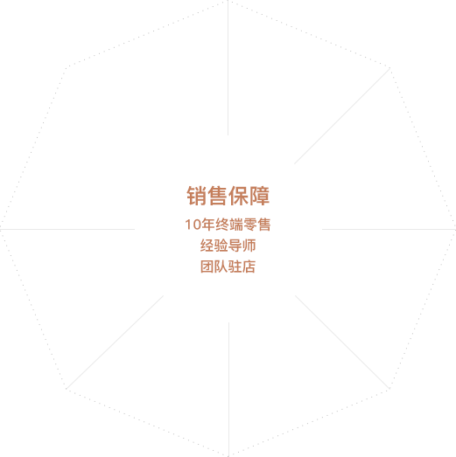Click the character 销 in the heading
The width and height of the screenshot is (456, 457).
click(x=197, y=196)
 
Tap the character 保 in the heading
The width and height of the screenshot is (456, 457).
click(x=238, y=196)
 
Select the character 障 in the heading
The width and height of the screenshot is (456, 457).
click(x=259, y=196)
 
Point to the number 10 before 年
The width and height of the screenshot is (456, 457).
click(x=193, y=225)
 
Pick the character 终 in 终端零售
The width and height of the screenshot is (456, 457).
click(x=222, y=225)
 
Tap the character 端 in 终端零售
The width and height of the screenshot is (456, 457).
click(x=236, y=225)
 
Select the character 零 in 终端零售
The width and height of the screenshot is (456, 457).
click(x=250, y=225)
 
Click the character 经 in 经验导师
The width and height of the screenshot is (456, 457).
click(x=207, y=246)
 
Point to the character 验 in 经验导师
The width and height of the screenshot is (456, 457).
click(x=221, y=246)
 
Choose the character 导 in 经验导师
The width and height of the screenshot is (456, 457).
click(x=235, y=246)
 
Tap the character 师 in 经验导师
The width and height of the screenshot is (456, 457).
click(x=249, y=246)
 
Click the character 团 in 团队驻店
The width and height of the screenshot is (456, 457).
click(x=207, y=267)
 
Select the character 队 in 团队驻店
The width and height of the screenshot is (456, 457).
click(x=221, y=267)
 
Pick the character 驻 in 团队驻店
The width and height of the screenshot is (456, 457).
click(x=235, y=267)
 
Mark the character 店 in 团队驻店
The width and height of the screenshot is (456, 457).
click(x=249, y=267)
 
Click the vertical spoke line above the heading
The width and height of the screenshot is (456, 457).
click(x=228, y=68)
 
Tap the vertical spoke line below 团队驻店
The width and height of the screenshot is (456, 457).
click(x=229, y=390)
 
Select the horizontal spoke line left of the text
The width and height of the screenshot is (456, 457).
click(x=67, y=230)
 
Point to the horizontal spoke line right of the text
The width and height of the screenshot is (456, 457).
click(x=389, y=230)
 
